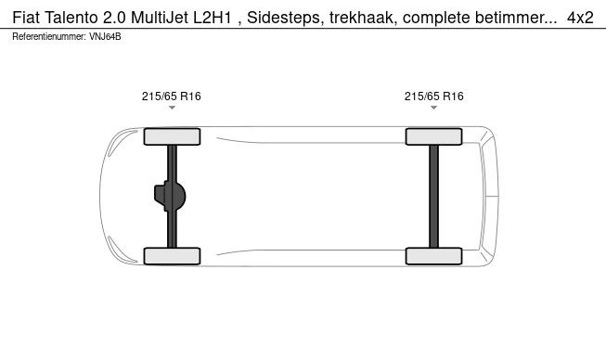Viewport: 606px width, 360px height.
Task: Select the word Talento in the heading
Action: click(x=71, y=18)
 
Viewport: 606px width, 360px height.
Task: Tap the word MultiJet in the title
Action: click(x=160, y=18)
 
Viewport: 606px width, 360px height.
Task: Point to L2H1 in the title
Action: click(x=213, y=18)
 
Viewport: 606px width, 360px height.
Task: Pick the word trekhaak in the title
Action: click(x=363, y=18)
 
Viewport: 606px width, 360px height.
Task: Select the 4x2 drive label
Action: click(x=580, y=18)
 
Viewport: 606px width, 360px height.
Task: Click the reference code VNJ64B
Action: click(x=105, y=36)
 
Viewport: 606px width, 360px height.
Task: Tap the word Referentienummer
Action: click(x=49, y=36)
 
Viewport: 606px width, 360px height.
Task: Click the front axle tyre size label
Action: click(x=171, y=96)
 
